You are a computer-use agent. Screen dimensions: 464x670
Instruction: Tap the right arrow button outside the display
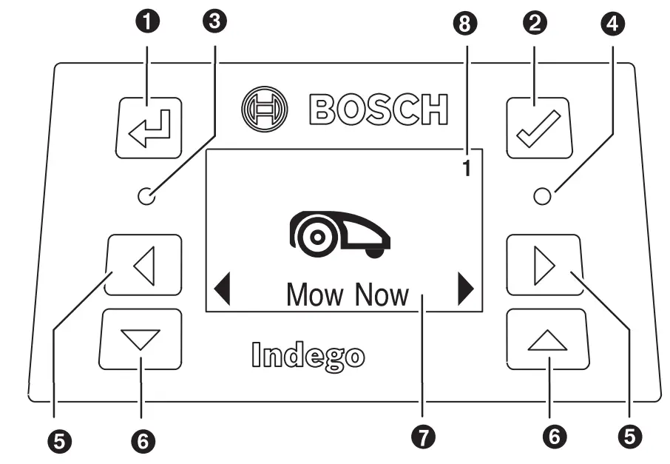pos(545,265)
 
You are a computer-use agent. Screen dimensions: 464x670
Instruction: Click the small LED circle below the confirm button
pos(544,197)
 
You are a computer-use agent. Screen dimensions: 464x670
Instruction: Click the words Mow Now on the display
pos(347,295)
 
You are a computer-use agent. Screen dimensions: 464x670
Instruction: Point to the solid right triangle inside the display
pos(466,289)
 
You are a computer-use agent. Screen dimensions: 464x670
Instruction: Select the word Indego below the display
pos(308,355)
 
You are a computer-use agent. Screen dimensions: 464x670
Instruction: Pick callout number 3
pos(215,22)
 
